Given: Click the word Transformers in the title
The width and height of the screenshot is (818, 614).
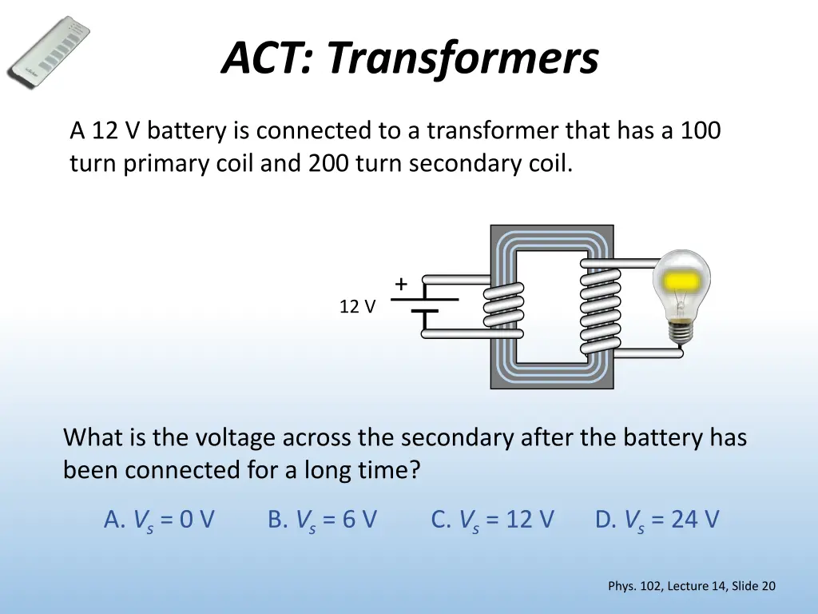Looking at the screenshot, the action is tap(463, 58).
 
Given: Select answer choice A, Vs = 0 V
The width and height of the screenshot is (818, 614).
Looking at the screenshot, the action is tap(159, 520).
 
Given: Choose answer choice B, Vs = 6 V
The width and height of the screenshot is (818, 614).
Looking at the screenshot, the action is tap(322, 520).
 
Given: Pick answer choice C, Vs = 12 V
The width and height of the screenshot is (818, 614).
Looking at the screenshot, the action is tap(492, 520).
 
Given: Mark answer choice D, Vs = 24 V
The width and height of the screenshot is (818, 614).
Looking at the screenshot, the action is tap(657, 520).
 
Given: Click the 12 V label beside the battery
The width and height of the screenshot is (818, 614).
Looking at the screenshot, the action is tap(357, 306).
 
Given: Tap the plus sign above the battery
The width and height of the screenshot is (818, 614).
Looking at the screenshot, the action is tap(400, 284).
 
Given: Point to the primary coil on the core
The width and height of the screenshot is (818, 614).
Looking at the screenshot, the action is tap(504, 306).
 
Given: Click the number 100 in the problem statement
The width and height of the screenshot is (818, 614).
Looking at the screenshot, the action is tap(701, 130).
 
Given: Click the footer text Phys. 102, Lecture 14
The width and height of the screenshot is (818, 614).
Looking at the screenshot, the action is tap(667, 586).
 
